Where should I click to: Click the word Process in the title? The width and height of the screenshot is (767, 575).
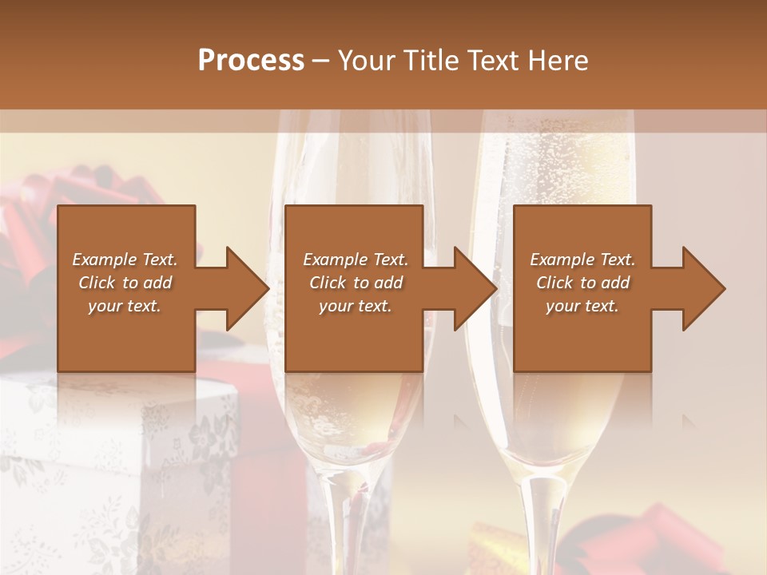click(251, 60)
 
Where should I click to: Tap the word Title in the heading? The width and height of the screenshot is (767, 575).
click(430, 60)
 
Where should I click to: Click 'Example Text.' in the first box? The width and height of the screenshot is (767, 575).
click(125, 260)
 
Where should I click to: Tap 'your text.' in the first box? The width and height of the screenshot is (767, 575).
click(125, 306)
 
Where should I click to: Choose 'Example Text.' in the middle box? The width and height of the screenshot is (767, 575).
click(356, 260)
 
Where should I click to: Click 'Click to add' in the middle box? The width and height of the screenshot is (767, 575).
click(356, 283)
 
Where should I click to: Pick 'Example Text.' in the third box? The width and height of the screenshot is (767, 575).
click(582, 260)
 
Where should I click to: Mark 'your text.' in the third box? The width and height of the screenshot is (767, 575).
click(582, 306)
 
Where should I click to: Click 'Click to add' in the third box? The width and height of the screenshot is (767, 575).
click(582, 283)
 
